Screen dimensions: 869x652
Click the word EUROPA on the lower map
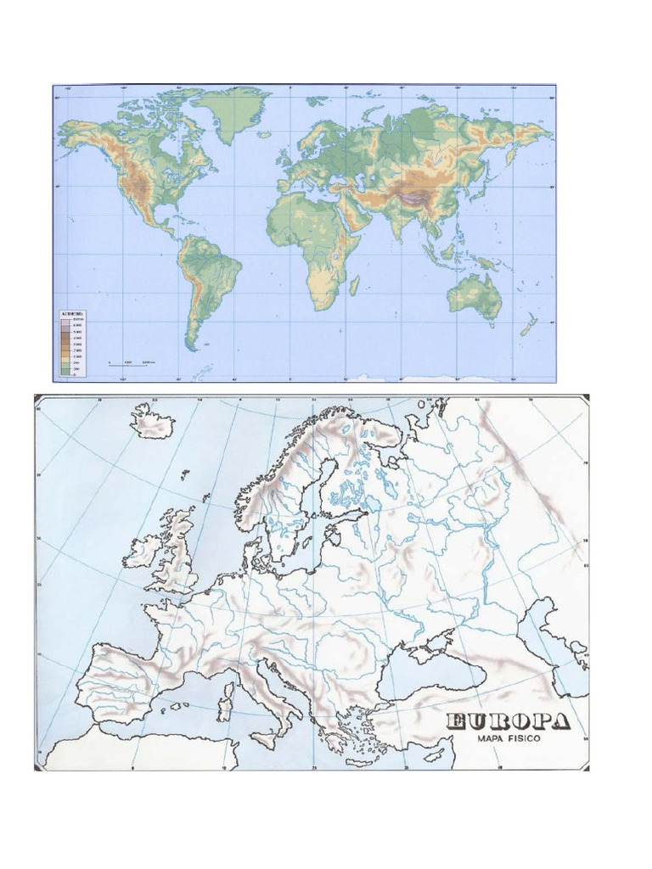pyautogui.click(x=509, y=723)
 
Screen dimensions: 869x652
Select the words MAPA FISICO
pyautogui.click(x=509, y=740)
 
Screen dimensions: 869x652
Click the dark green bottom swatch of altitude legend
pyautogui.click(x=65, y=372)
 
